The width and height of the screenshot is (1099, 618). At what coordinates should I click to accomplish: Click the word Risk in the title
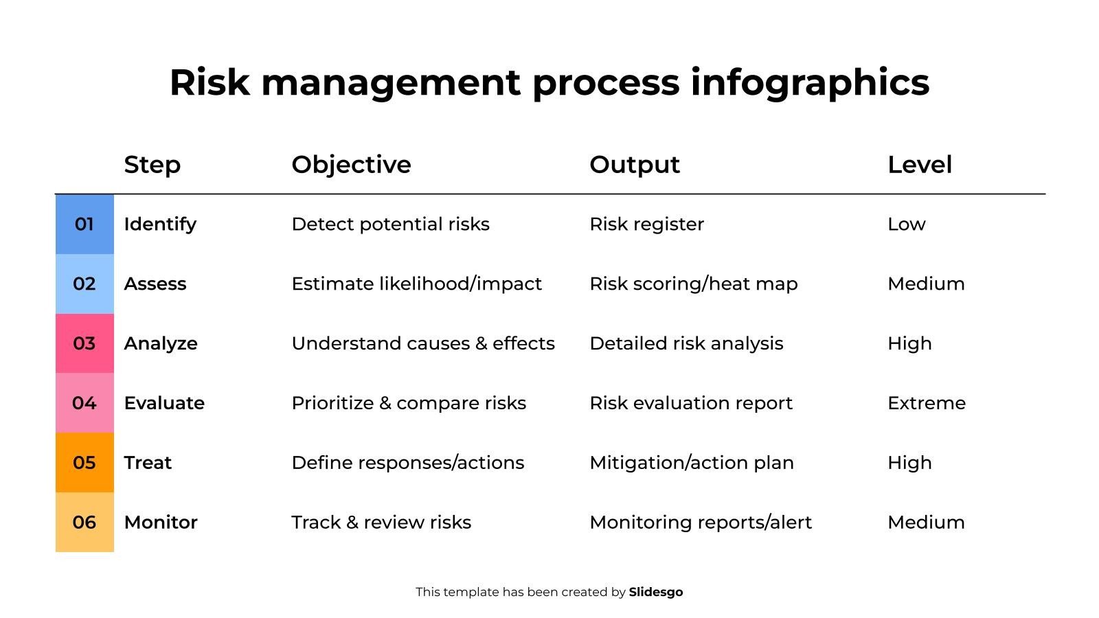point(209,82)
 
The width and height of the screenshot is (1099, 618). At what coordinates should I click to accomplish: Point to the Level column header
point(920,165)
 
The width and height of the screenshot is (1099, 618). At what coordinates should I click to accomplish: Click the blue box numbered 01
point(84,224)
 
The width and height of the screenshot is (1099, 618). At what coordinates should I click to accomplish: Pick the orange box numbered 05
point(84,463)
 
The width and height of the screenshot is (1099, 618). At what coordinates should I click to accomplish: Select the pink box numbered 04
point(84,402)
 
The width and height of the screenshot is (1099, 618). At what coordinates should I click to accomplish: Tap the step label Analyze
point(161,344)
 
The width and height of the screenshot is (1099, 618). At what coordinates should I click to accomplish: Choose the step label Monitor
point(161,523)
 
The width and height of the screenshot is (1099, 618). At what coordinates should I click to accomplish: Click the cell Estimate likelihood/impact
point(416,284)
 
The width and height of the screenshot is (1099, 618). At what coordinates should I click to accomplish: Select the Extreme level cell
point(927,403)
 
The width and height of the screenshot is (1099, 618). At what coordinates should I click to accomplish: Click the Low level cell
point(906,225)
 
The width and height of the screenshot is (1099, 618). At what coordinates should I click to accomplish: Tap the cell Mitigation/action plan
point(691,463)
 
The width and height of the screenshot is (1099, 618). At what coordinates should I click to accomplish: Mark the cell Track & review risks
point(381,523)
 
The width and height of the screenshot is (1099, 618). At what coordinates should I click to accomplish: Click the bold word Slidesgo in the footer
point(655,593)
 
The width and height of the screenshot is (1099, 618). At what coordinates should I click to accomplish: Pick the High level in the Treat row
point(909,463)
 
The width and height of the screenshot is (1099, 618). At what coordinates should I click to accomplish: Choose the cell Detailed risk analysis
point(686,344)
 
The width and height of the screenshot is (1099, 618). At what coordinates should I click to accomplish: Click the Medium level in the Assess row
point(926,284)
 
